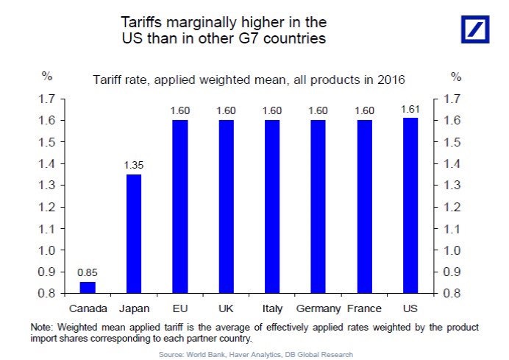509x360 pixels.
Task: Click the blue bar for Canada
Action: coord(88,287)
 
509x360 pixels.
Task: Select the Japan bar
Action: coord(133,233)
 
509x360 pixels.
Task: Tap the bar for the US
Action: coord(410,205)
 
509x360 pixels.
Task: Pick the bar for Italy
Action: coord(271,206)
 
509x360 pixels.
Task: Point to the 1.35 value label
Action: coord(133,166)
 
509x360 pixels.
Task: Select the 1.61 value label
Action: coord(410,110)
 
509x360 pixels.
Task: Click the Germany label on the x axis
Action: coord(318,308)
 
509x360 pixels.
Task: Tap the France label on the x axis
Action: coord(364,308)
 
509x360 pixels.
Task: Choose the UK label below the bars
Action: coord(226,308)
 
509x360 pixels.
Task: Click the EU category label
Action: coord(179,308)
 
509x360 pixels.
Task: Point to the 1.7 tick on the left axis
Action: coord(48,99)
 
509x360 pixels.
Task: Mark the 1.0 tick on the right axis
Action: coord(453,250)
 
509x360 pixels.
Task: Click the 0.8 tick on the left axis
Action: coord(48,294)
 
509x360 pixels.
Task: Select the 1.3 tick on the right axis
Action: coord(453,186)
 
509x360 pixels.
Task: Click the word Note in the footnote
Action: coord(42,327)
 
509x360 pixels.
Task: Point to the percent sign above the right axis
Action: coord(455,77)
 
